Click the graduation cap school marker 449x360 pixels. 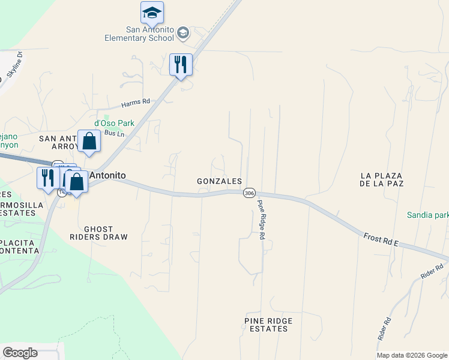[152, 13]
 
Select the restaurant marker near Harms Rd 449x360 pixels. [181, 64]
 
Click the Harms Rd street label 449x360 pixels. [135, 103]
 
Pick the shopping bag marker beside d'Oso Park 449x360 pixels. [89, 142]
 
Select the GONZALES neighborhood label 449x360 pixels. [219, 181]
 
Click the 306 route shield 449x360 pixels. [250, 193]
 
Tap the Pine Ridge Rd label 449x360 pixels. [261, 220]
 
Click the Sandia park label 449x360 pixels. [427, 215]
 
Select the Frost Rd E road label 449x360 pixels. [381, 239]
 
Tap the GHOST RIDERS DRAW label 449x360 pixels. [106, 233]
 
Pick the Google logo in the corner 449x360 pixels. [20, 353]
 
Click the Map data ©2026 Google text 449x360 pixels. [412, 355]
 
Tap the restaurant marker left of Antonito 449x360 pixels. [47, 178]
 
